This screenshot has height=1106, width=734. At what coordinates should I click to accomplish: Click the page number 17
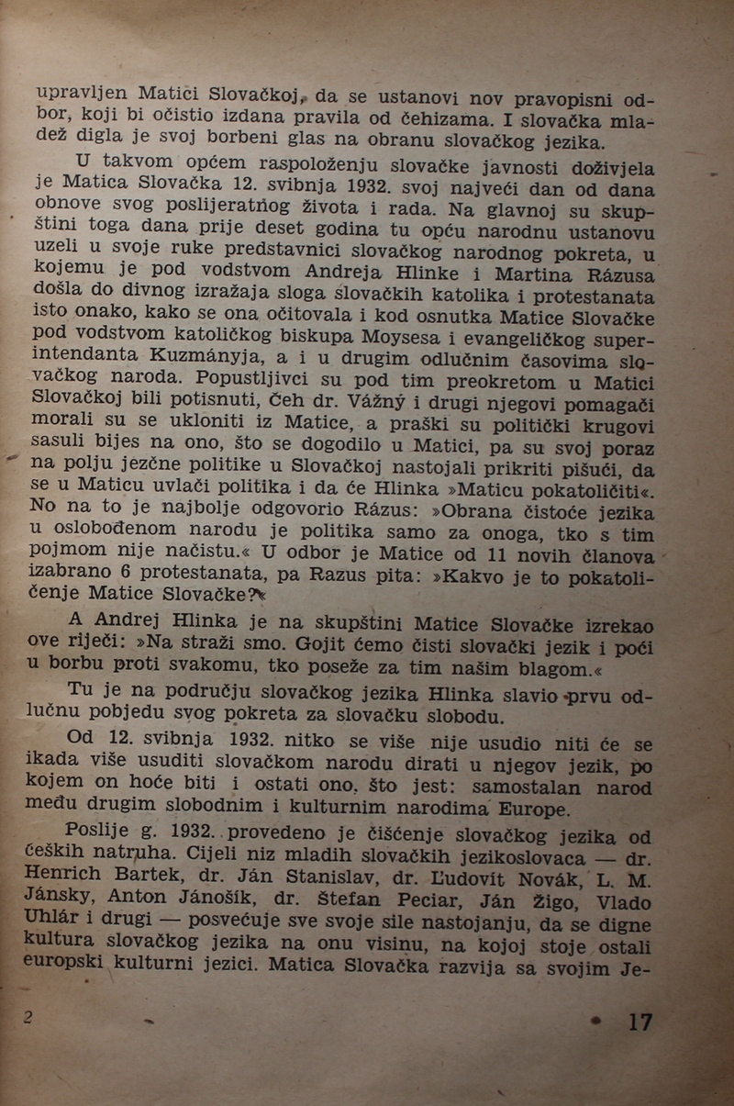coord(639,1022)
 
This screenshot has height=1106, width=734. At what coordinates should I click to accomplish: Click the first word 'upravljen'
coord(80,92)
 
